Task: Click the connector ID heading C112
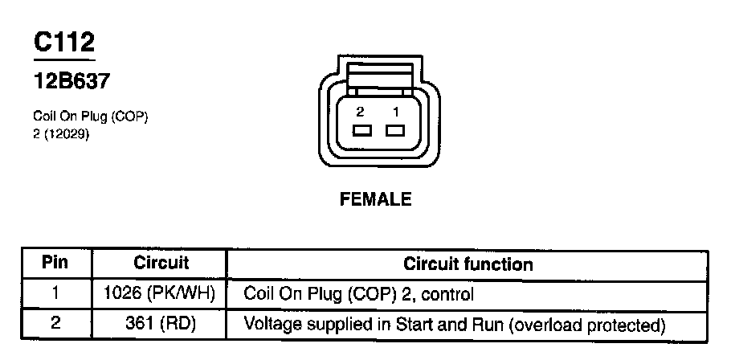[64, 43]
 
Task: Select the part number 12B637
[71, 81]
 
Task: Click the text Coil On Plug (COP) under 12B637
[90, 117]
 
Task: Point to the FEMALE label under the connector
[376, 199]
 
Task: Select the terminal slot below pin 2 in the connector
[361, 130]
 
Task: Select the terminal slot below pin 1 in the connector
[394, 130]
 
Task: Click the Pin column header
[55, 263]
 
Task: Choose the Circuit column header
[161, 263]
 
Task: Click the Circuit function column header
[468, 264]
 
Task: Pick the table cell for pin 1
[55, 294]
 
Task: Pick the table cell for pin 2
[55, 325]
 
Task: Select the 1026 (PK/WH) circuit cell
[161, 294]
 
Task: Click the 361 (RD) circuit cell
[161, 325]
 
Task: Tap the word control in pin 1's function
[450, 294]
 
